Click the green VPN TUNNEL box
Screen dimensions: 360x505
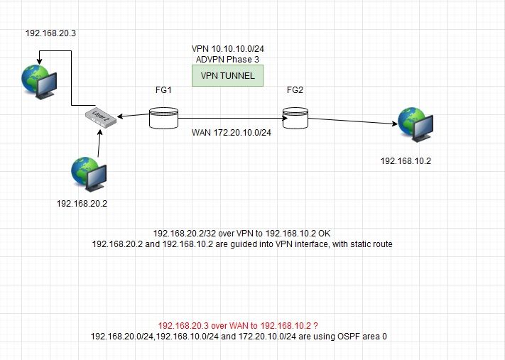pyautogui.click(x=228, y=75)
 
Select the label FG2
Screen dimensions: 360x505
pyautogui.click(x=295, y=92)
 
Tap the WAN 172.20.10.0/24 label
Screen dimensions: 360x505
pyautogui.click(x=230, y=132)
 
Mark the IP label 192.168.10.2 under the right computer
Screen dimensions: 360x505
pyautogui.click(x=406, y=160)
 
